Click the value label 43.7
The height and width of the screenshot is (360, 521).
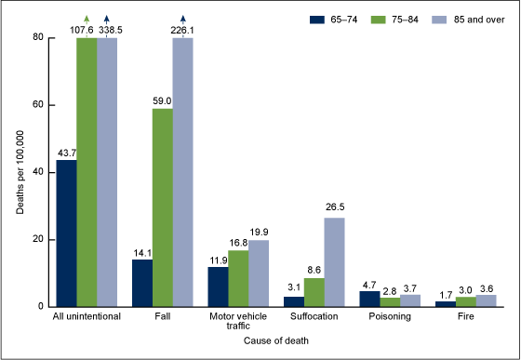tap(66, 153)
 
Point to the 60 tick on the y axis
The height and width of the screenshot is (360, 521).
tap(43, 105)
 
